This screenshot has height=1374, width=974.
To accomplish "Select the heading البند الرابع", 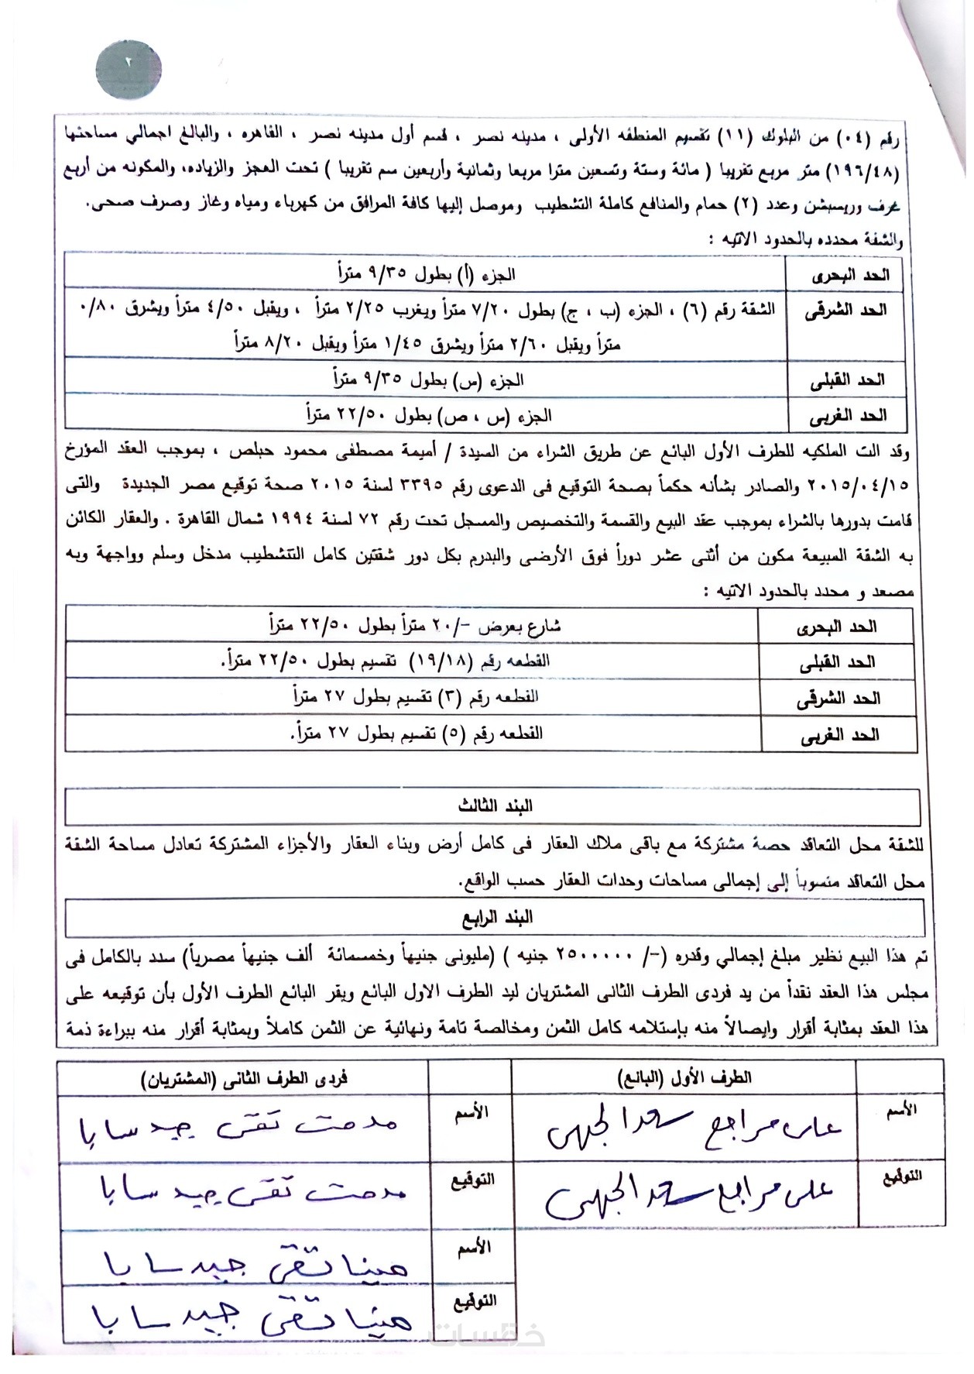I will click(496, 919).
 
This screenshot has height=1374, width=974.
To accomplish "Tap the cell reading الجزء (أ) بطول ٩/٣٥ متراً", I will click(426, 274).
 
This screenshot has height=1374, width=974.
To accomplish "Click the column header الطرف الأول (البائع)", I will click(684, 1077).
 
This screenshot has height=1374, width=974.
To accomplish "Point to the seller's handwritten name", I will click(692, 1132).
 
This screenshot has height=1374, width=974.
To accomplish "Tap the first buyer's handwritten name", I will click(238, 1128).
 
